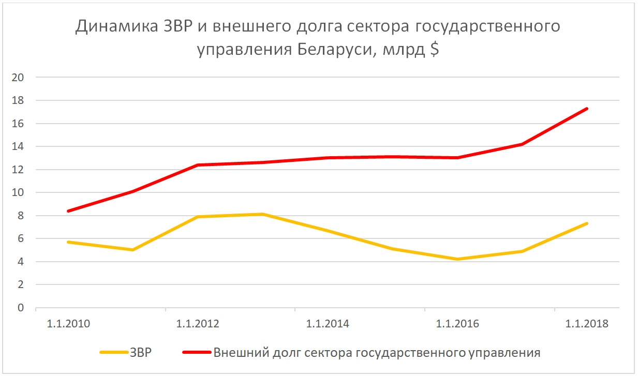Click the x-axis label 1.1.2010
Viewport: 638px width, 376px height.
pyautogui.click(x=68, y=324)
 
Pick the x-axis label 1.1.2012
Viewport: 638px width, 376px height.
pyautogui.click(x=198, y=324)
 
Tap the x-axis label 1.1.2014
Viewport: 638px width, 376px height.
pyautogui.click(x=328, y=324)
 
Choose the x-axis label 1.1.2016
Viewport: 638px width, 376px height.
pyautogui.click(x=457, y=324)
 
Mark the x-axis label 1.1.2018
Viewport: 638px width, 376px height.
pyautogui.click(x=587, y=324)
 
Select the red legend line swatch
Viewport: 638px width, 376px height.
pyautogui.click(x=197, y=353)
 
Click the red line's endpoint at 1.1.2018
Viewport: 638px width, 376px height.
pyautogui.click(x=587, y=109)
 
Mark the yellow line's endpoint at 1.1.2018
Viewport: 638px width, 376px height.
pyautogui.click(x=587, y=223)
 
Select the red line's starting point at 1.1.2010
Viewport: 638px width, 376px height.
pyautogui.click(x=68, y=211)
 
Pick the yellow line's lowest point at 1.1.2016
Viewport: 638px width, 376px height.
pyautogui.click(x=457, y=259)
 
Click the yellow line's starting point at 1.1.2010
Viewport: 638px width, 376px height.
pyautogui.click(x=68, y=242)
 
